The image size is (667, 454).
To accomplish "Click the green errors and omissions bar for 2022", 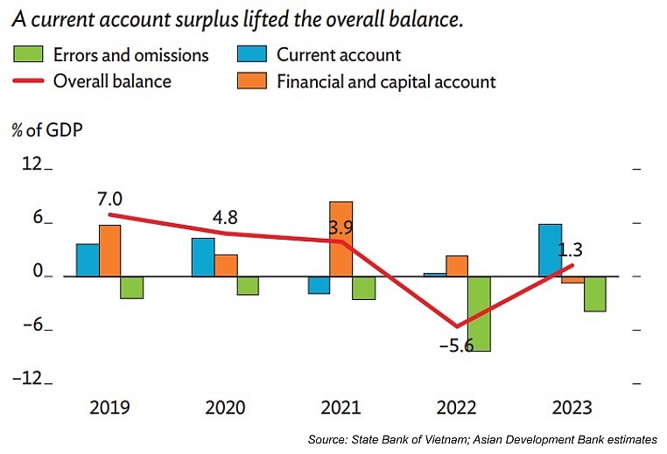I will click(x=479, y=313).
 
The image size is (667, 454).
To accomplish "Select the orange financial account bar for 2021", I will click(x=341, y=238).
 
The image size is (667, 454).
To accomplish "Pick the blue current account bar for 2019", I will click(x=88, y=259).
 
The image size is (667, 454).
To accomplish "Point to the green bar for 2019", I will click(x=132, y=287).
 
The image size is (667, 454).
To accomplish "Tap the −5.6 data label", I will click(x=455, y=346).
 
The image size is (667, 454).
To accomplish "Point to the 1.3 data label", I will click(x=571, y=249).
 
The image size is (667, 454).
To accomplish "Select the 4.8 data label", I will click(x=225, y=217).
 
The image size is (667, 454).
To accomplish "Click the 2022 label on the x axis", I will click(x=456, y=408).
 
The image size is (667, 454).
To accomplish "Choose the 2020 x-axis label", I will click(x=225, y=408).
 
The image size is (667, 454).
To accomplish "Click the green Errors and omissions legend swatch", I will click(x=28, y=55).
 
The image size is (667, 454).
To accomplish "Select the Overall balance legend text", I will click(x=112, y=81).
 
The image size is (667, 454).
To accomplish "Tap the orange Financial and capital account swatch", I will click(x=251, y=81).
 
